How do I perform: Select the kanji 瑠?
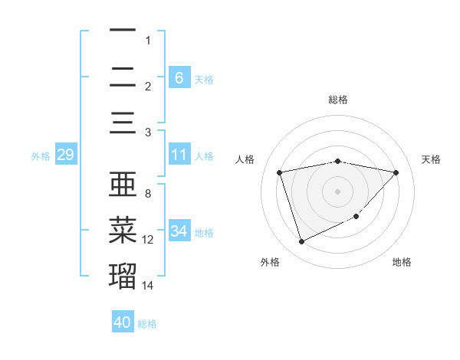pos(123,275)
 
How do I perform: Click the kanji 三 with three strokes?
pos(123,123)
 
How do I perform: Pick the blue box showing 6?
pos(179,77)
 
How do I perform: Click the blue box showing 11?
pos(179,155)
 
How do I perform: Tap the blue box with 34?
pos(179,231)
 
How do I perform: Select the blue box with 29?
pos(65,155)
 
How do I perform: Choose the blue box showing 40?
pos(123,322)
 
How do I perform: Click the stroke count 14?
pos(148,286)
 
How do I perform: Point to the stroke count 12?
pos(148,240)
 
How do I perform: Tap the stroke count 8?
pos(148,194)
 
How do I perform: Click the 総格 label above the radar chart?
pos(337,100)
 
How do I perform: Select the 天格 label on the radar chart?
pos(431,159)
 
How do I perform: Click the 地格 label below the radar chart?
pos(402,263)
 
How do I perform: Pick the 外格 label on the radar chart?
pos(271,263)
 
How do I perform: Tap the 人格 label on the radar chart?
pos(245,159)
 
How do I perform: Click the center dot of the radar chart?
pos(337,191)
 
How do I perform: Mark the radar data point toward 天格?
pos(396,172)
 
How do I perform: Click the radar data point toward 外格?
pos(301,242)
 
